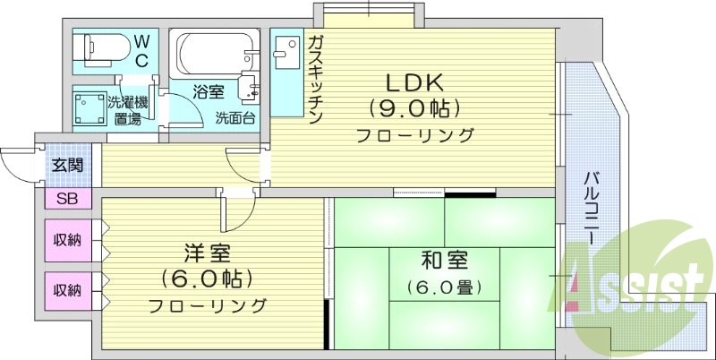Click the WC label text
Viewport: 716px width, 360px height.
pyautogui.click(x=141, y=51)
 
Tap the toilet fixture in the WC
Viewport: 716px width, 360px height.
pyautogui.click(x=101, y=47)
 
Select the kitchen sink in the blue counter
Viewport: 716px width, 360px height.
pyautogui.click(x=286, y=54)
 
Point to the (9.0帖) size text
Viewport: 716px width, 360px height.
pyautogui.click(x=414, y=109)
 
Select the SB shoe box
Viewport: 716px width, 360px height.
pyautogui.click(x=66, y=199)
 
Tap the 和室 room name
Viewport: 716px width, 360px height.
pyautogui.click(x=444, y=261)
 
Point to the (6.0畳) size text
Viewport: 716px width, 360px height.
pyautogui.click(x=444, y=288)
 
